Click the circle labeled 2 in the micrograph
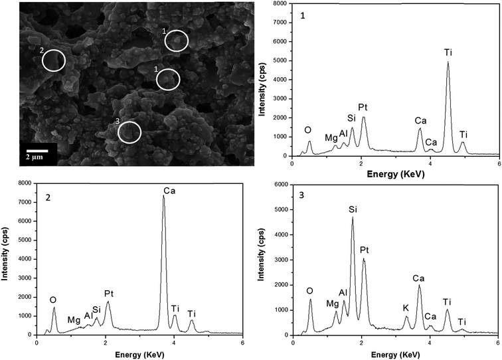pos(54,60)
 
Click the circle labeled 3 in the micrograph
pos(129,132)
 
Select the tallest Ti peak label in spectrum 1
pos(448,51)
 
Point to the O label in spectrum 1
pos(307,130)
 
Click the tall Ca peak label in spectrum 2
pos(169,191)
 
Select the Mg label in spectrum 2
pos(74,319)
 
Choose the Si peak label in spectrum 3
pos(353,210)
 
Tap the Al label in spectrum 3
pos(343,292)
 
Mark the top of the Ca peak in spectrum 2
pos(163,196)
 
